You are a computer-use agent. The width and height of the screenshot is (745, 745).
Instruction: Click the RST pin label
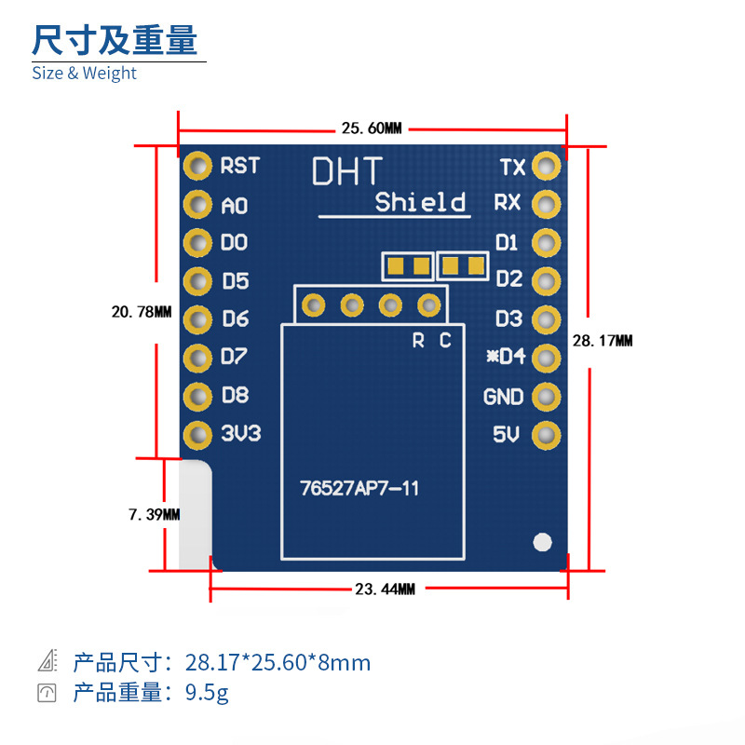(x=239, y=166)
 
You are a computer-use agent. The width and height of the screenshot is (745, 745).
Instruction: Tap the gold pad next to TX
(x=547, y=167)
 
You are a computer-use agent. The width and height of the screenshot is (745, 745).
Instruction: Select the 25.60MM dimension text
(x=371, y=128)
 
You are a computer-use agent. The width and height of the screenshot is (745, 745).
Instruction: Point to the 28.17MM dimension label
(x=603, y=342)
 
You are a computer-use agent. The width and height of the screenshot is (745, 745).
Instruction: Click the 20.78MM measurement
(x=142, y=313)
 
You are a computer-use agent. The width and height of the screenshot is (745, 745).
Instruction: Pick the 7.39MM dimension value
(x=154, y=514)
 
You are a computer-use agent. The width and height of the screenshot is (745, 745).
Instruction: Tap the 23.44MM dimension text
(x=384, y=589)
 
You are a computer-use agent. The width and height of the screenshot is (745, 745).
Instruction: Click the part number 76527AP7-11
(x=359, y=488)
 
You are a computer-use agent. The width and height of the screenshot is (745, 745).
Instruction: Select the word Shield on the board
(x=420, y=202)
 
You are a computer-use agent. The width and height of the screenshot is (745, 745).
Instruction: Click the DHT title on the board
(x=346, y=171)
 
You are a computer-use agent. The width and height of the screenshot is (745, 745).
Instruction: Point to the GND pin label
(x=503, y=397)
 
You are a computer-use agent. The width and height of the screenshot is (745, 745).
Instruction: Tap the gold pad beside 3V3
(x=197, y=434)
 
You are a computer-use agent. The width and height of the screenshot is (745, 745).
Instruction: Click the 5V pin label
(x=506, y=435)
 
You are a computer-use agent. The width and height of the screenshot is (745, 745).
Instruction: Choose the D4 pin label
(x=507, y=357)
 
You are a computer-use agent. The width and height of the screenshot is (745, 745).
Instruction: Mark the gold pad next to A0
(x=197, y=205)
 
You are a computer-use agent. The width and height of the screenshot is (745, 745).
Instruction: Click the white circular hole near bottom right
(x=541, y=541)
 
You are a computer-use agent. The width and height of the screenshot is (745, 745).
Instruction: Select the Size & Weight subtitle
(x=84, y=74)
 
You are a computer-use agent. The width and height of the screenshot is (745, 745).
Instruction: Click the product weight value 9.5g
(x=207, y=693)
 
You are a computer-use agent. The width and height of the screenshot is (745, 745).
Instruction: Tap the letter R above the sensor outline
(x=418, y=341)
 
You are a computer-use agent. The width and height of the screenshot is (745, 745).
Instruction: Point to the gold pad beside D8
(x=197, y=396)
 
